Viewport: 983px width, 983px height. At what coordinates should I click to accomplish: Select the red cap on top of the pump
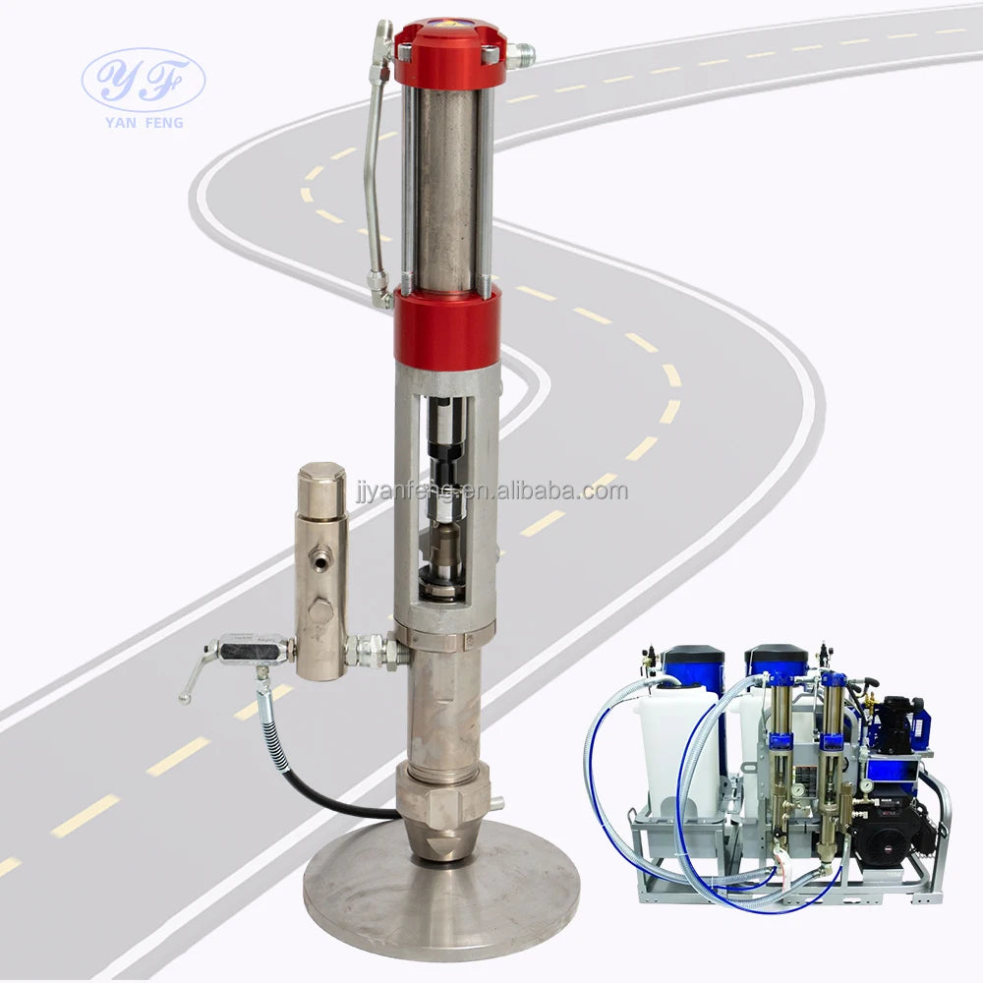pos(450,53)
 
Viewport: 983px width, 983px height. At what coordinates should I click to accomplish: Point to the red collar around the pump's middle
pos(446,326)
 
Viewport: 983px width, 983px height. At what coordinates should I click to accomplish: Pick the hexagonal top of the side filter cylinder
pos(321,483)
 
